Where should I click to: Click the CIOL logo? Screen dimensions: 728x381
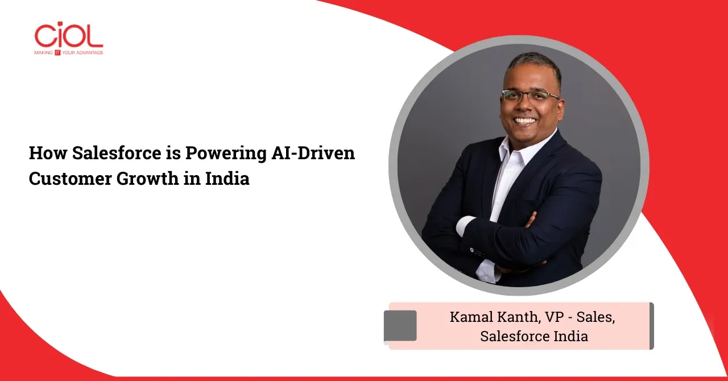tap(69, 38)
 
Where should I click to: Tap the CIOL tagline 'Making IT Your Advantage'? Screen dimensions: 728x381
tap(69, 53)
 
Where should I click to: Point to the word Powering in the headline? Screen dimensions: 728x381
tap(226, 154)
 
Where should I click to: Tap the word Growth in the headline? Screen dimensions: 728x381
tap(147, 179)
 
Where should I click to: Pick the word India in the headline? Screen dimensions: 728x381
tap(227, 178)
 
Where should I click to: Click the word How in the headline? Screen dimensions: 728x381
tap(48, 153)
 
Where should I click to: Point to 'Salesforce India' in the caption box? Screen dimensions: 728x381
tap(534, 336)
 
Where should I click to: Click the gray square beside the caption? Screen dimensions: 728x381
tap(400, 326)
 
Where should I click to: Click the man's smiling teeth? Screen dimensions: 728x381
tap(525, 121)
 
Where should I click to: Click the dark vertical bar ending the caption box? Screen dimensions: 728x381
tap(652, 326)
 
